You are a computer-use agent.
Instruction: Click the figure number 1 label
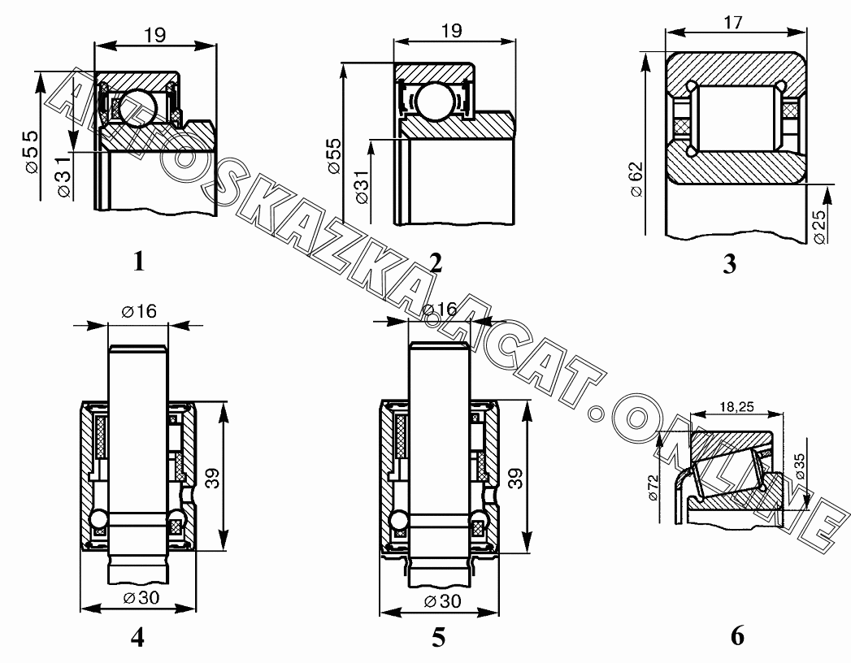139,262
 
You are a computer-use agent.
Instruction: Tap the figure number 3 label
730,264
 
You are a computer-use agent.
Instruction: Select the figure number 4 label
138,637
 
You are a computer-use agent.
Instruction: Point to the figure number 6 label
737,636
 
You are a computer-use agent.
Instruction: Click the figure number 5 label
439,638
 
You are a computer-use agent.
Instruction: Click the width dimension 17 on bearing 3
732,23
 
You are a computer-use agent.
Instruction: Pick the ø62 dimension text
636,179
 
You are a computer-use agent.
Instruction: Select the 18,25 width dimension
736,406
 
